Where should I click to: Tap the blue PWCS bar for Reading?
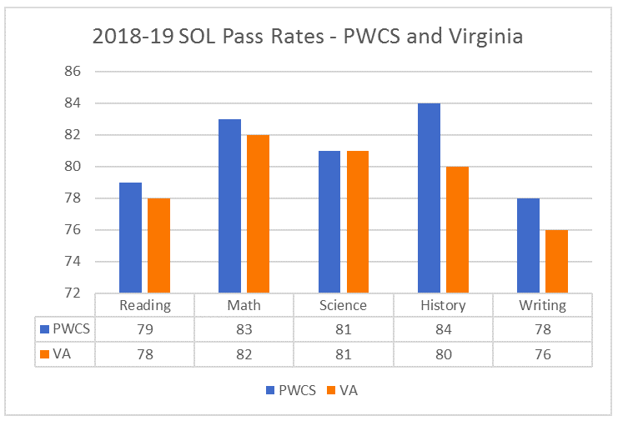click(x=130, y=238)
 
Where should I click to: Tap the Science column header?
click(x=344, y=305)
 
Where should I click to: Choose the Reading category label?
click(x=145, y=305)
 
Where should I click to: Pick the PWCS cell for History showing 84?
click(x=443, y=329)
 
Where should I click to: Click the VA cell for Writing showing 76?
click(x=542, y=353)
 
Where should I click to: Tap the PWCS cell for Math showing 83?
click(x=244, y=329)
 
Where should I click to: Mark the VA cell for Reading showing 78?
click(x=145, y=353)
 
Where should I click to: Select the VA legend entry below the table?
click(x=343, y=389)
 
